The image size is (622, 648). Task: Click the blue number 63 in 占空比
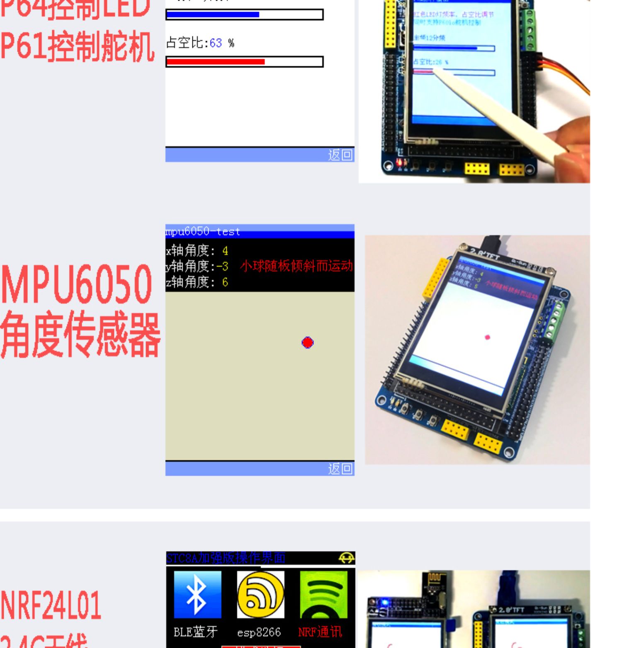click(216, 43)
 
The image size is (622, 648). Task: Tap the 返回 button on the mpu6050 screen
click(340, 469)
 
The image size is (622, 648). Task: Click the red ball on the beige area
click(308, 342)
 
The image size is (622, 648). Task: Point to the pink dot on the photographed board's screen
click(488, 337)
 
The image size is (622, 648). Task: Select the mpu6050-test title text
click(203, 231)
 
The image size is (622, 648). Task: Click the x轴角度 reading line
click(197, 251)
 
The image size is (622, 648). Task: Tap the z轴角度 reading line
click(197, 282)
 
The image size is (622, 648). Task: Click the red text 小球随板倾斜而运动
click(296, 266)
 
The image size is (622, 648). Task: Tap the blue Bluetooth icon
click(197, 595)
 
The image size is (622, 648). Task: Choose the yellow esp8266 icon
click(260, 595)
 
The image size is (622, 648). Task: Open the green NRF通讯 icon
click(323, 595)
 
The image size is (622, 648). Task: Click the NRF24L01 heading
click(51, 605)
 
